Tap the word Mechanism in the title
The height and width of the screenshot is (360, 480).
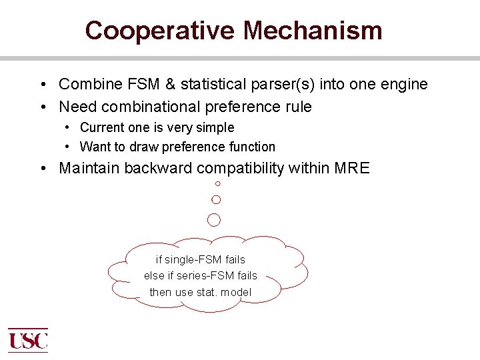point(312,31)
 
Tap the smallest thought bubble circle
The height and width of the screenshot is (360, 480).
point(217,183)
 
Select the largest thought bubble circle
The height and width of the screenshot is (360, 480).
point(214,219)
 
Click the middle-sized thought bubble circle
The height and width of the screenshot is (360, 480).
point(216,199)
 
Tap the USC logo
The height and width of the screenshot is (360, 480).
point(28,340)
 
